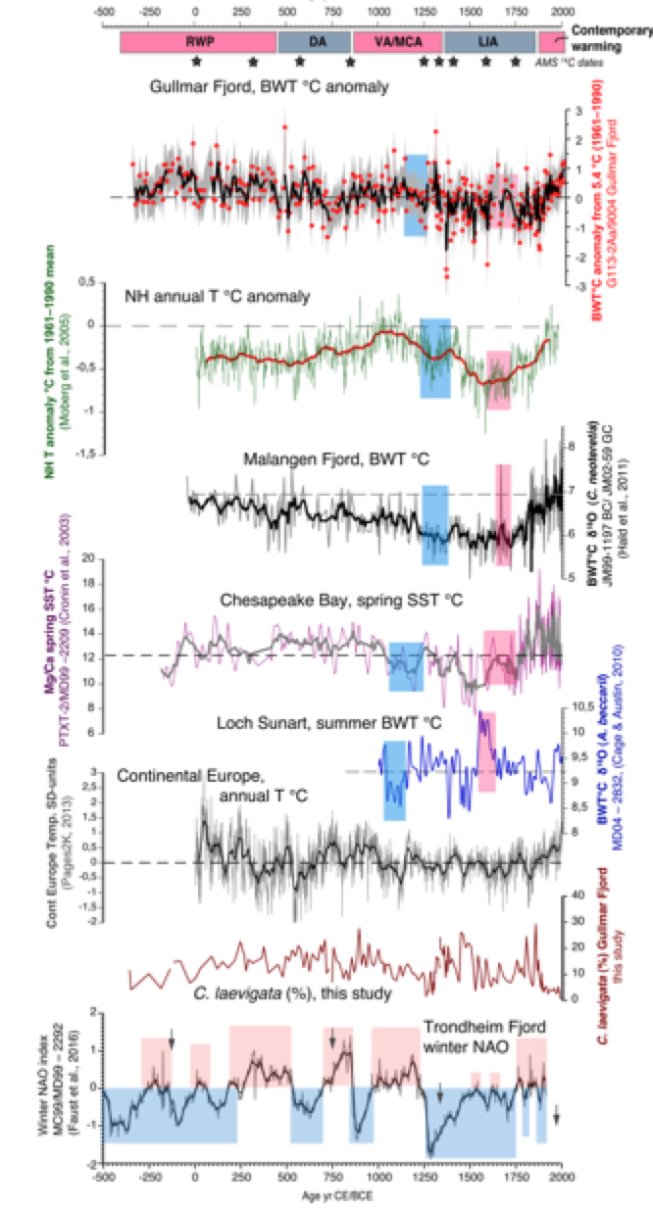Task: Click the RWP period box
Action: [x=198, y=42]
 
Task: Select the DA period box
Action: [x=314, y=42]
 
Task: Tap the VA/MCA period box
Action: [x=397, y=42]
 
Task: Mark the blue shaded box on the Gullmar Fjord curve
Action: [x=415, y=194]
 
